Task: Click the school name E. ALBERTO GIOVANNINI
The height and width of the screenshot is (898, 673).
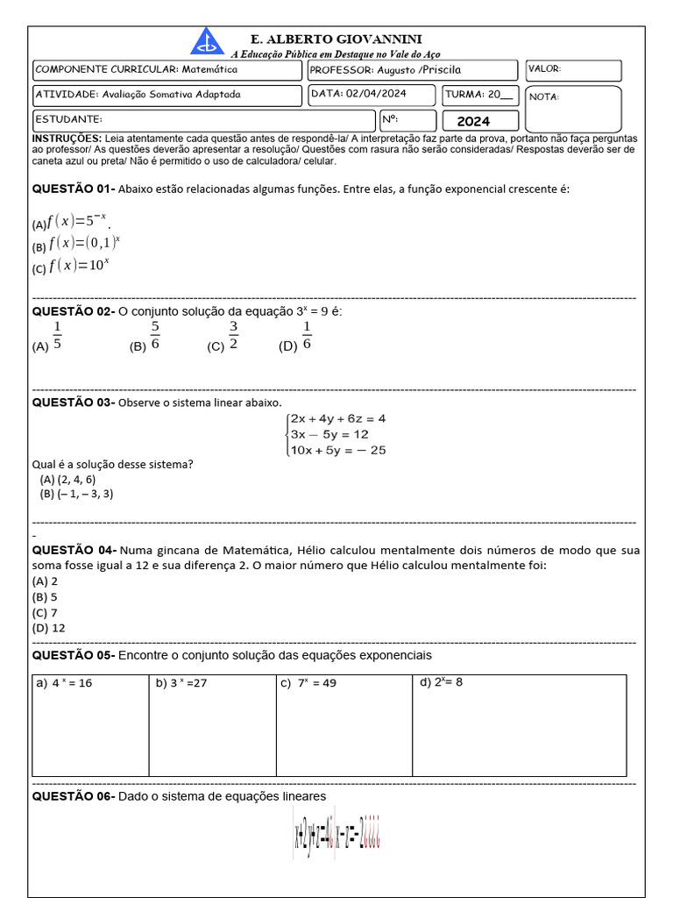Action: coord(336,39)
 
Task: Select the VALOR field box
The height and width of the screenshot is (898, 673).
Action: coord(573,69)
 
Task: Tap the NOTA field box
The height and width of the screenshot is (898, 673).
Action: coord(573,108)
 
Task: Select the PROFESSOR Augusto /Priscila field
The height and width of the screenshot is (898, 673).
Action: coord(412,69)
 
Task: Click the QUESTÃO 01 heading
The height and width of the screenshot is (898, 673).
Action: coord(74,189)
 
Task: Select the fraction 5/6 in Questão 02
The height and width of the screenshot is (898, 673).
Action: coord(155,336)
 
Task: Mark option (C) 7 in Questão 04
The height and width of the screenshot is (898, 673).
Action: coord(45,613)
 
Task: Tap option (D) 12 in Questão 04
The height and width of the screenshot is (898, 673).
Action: coord(48,628)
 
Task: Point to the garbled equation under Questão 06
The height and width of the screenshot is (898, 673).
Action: coord(336,837)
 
